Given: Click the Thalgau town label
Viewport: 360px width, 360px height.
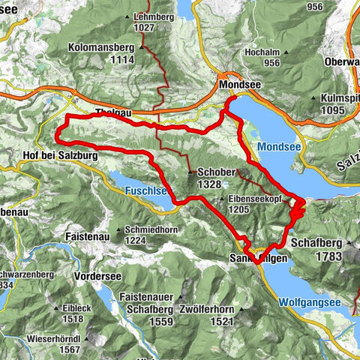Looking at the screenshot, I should coord(113,113).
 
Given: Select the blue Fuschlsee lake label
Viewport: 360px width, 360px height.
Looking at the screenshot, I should coord(146,191).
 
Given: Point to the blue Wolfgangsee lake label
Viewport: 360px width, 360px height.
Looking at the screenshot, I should coord(308,302).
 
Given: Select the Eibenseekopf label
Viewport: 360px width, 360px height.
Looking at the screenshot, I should coord(253,199).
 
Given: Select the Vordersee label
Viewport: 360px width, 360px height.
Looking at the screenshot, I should coord(98,275).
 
